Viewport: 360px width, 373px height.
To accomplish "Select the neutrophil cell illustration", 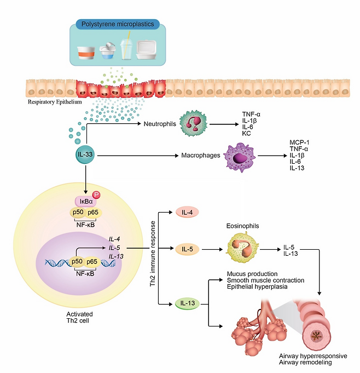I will pos(193,124).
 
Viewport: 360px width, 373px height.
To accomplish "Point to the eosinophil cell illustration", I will pos(242,249).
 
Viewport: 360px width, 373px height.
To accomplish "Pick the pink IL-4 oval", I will pos(187,213).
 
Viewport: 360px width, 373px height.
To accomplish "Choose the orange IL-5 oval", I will pos(187,250).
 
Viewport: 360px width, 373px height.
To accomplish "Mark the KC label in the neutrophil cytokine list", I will pos(247,133).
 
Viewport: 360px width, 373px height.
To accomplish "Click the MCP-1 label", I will pos(300,142).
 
